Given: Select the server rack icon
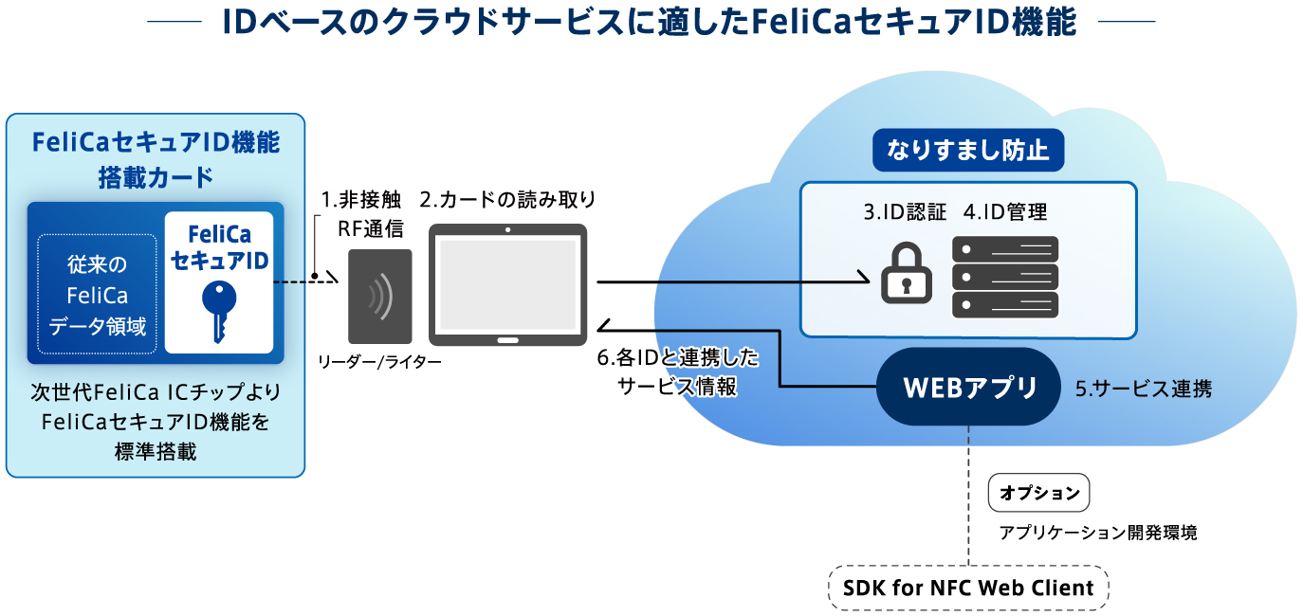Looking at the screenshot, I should [x=1005, y=277].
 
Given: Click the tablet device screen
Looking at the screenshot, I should [x=507, y=282].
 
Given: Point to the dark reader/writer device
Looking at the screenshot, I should [x=379, y=296].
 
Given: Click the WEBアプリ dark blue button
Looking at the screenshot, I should [x=967, y=387].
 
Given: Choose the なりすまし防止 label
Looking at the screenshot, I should [x=967, y=151].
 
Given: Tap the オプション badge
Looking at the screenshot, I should [x=1039, y=493].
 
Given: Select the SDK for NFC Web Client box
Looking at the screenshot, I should [x=968, y=588].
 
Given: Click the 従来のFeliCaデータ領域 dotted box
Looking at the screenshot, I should [x=97, y=294].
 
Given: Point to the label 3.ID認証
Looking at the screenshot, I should [x=905, y=212].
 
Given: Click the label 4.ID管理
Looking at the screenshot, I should [x=1005, y=212].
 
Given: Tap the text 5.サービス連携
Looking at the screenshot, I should [x=1143, y=389].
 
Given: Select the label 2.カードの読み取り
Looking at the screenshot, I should [x=508, y=200].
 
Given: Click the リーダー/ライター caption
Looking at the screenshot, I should [x=379, y=362].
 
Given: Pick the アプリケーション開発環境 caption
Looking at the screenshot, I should [x=1097, y=533].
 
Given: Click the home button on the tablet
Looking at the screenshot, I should [x=508, y=338].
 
